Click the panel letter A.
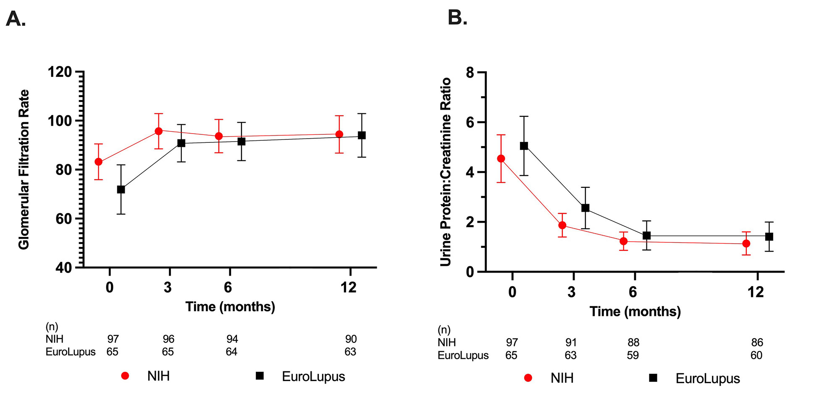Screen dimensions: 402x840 16,19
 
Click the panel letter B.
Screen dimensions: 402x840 457,18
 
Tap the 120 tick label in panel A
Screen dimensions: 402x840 60,72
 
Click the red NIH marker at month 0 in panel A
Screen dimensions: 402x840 98,162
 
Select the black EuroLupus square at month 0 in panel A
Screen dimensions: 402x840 121,189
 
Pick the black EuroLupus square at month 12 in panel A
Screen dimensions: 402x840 362,135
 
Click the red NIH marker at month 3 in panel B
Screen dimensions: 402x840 562,225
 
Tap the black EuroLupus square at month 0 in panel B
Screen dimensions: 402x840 524,146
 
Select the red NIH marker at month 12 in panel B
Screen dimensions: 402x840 746,243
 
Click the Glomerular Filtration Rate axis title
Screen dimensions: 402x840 24,169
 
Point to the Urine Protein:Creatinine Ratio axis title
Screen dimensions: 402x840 445,172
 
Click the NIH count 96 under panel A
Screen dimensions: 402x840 168,339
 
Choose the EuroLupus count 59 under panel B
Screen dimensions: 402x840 633,355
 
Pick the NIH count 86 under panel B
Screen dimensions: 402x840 757,342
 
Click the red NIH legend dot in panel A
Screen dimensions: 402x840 125,376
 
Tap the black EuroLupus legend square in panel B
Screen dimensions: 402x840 653,378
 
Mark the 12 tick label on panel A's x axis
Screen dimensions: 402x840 349,287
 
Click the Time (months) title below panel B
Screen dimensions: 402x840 635,311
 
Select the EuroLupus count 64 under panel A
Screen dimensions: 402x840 231,352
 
